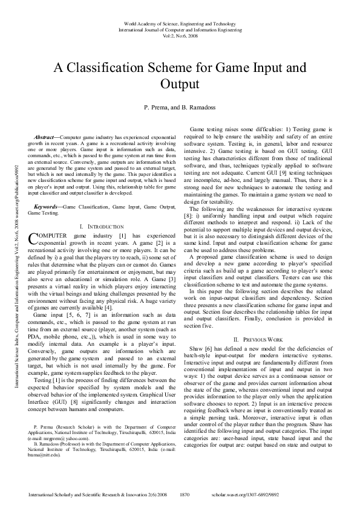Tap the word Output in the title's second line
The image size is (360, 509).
tap(179, 83)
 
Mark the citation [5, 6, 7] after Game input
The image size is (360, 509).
tap(72, 316)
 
